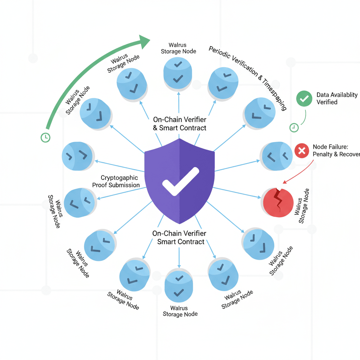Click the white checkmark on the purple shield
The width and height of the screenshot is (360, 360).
click(180, 181)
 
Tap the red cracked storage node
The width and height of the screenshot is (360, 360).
click(278, 202)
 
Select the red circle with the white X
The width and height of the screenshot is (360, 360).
click(301, 151)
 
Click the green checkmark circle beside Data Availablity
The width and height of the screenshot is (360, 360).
click(304, 99)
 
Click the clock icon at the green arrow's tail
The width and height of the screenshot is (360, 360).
click(45, 137)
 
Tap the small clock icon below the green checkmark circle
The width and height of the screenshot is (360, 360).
click(294, 127)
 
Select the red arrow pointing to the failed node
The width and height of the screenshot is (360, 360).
click(299, 172)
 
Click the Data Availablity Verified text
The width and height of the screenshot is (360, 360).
click(336, 98)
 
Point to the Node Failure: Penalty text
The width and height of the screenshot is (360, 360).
click(336, 150)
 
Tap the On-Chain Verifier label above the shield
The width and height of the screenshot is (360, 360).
click(179, 124)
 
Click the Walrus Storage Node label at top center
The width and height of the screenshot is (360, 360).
click(178, 48)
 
